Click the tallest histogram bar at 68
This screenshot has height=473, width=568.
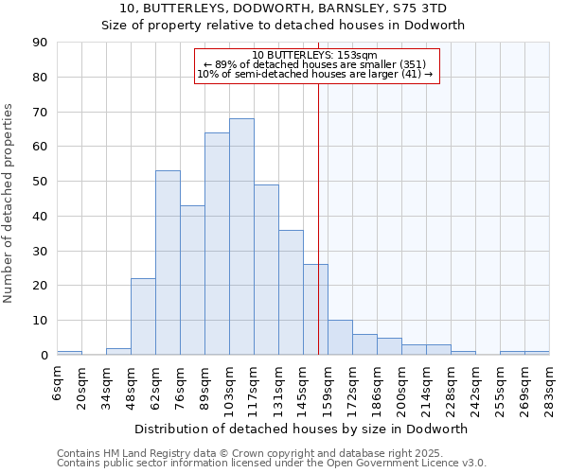click(x=241, y=236)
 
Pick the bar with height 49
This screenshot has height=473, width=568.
click(x=266, y=270)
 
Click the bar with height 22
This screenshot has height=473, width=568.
click(x=143, y=317)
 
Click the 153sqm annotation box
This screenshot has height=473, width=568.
click(x=317, y=65)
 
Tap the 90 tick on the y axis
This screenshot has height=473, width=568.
click(x=40, y=43)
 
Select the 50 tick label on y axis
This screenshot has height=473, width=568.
click(x=40, y=182)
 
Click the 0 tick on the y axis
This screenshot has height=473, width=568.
click(x=44, y=356)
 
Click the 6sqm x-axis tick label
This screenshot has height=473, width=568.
click(x=58, y=385)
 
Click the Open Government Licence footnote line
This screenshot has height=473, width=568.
click(x=272, y=464)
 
